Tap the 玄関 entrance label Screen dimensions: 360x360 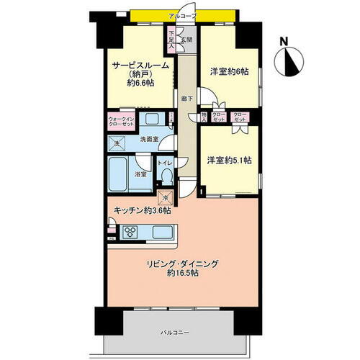185,40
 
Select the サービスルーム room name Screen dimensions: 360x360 140,65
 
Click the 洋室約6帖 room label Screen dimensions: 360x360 229,71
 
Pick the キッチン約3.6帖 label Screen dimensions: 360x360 142,212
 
